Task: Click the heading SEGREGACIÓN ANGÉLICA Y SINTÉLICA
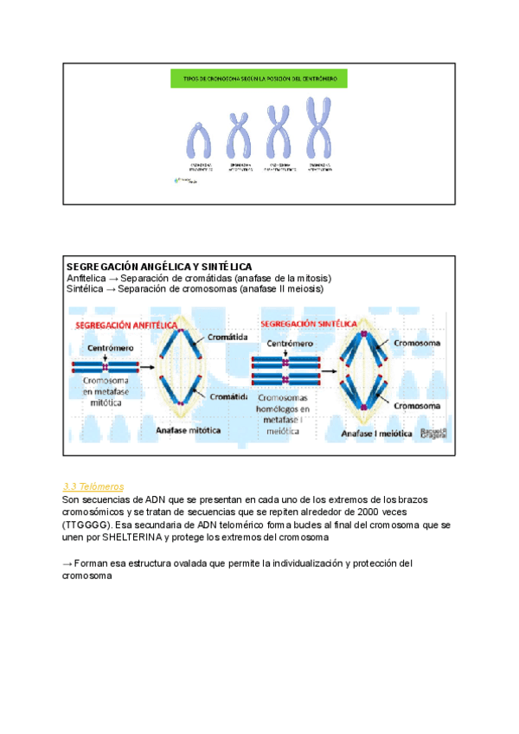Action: [x=159, y=266]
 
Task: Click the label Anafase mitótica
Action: [x=189, y=428]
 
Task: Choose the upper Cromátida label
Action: [x=228, y=336]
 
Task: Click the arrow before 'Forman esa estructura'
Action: [x=68, y=563]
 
